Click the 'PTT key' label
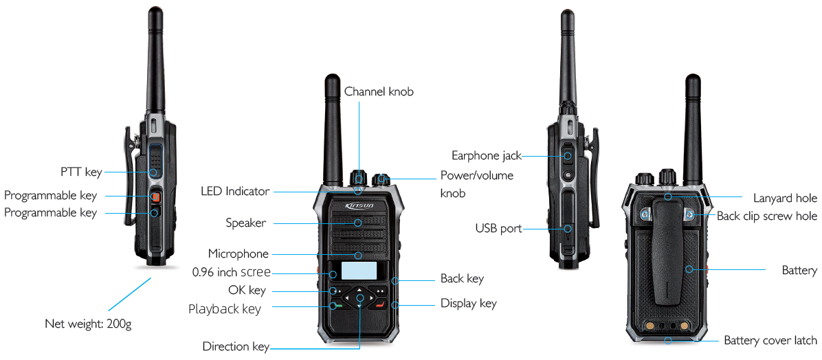pos(80,171)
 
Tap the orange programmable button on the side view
pos(155,197)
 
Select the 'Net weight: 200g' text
pos(87,323)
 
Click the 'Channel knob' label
pos(379,91)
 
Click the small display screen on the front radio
pos(359,271)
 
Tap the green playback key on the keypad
pos(335,304)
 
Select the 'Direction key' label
pos(235,346)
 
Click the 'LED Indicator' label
pos(234,191)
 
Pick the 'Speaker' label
pos(245,223)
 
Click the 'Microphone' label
pos(238,254)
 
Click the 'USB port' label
pos(498,228)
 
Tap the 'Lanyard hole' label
pos(785,198)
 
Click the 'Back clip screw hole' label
pos(766,216)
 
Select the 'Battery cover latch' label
pos(770,340)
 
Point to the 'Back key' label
pos(462,279)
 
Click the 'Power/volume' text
pos(476,176)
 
